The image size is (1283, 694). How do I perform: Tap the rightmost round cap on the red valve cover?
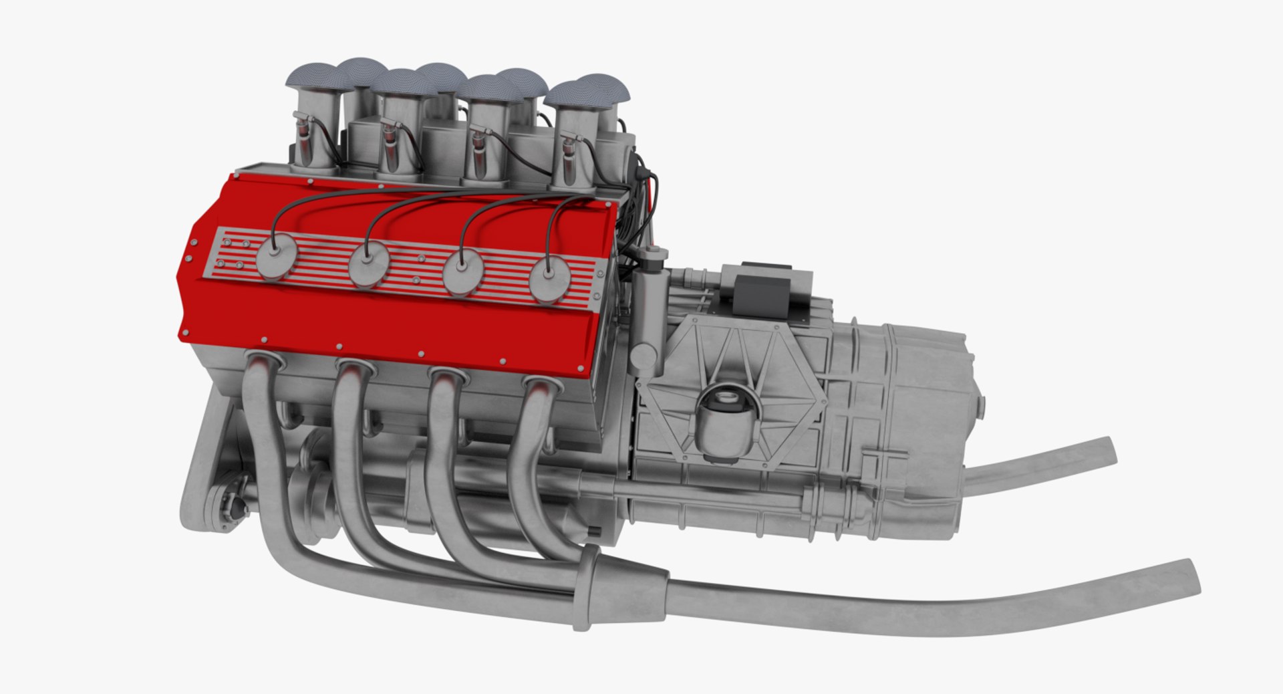pos(550,279)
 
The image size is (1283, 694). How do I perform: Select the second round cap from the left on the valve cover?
pos(368,265)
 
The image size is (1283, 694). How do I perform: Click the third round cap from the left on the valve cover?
pos(462,271)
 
